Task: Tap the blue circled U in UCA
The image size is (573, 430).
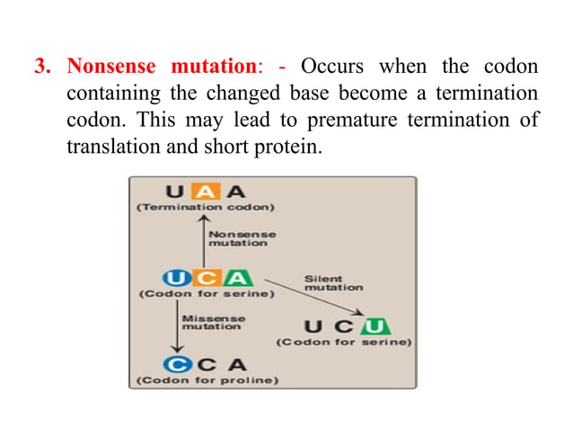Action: tap(174, 277)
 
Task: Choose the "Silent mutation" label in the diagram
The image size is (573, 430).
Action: tap(332, 282)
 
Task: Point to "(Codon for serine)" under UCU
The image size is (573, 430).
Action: tap(343, 343)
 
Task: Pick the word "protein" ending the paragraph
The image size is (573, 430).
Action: tap(291, 145)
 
